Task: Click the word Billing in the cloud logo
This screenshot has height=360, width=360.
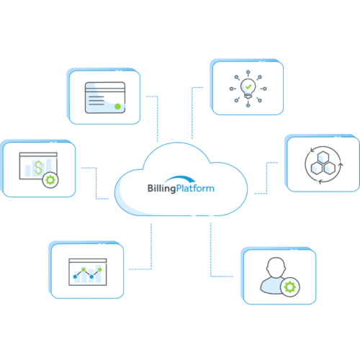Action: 162,189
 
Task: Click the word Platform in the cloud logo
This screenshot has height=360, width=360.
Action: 195,188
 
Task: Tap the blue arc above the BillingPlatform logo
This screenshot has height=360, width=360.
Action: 180,178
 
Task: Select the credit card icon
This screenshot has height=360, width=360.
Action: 105,98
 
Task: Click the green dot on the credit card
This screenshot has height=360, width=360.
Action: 117,107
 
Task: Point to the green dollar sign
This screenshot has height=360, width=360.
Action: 38,167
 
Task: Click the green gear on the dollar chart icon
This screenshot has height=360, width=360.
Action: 50,180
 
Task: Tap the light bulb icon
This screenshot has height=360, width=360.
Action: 248,88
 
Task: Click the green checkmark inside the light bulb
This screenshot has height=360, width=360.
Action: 248,86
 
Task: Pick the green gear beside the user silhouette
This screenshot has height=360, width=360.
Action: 290,287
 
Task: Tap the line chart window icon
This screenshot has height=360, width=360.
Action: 88,272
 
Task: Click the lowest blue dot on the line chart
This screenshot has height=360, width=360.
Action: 75,276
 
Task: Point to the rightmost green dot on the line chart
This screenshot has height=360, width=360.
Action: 100,269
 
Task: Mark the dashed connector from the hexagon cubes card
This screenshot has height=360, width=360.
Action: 266,178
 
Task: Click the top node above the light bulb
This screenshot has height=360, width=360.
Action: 248,72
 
